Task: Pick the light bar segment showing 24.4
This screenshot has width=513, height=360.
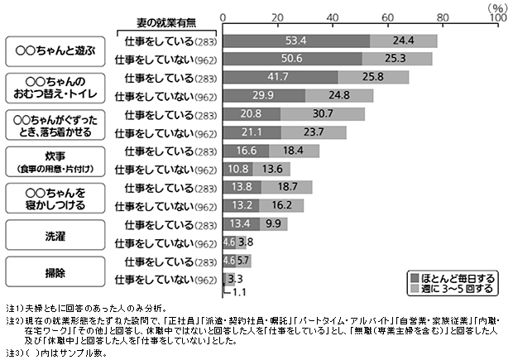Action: pos(404,41)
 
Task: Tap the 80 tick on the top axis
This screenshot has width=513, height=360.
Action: pos(443,17)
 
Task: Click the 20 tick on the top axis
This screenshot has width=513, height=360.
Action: pos(278,17)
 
